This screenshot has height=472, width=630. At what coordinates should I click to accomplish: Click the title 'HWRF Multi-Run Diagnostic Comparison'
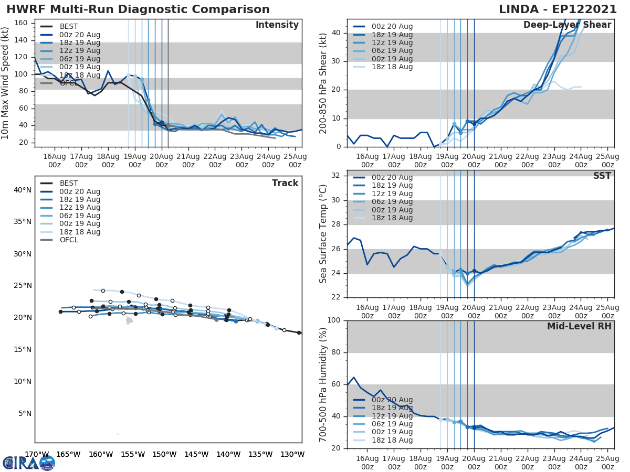click(138, 9)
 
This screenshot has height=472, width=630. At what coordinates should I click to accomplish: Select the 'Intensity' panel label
click(277, 25)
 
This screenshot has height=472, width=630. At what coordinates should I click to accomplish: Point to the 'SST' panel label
click(602, 176)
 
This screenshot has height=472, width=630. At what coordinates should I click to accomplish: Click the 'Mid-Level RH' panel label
click(579, 326)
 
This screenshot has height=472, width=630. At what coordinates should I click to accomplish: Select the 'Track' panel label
click(285, 183)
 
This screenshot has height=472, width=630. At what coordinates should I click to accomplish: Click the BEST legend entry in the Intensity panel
click(69, 26)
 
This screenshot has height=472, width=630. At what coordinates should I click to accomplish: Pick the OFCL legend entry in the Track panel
click(69, 240)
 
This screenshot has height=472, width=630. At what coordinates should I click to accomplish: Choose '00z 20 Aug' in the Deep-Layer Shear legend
click(392, 26)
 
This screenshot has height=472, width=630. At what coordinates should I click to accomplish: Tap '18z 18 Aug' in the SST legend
click(392, 218)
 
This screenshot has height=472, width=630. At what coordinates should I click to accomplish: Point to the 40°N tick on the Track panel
click(22, 190)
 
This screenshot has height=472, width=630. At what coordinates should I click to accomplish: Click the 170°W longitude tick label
click(37, 454)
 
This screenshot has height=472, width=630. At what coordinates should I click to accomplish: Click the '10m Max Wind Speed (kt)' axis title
click(6, 83)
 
